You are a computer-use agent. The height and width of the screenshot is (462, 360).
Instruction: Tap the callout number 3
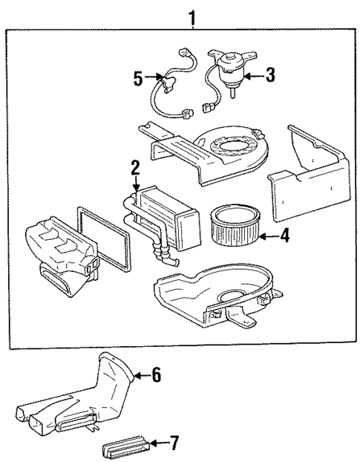(270, 74)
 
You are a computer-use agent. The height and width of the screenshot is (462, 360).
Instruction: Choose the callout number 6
(156, 375)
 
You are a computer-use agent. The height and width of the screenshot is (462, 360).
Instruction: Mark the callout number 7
(174, 444)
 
